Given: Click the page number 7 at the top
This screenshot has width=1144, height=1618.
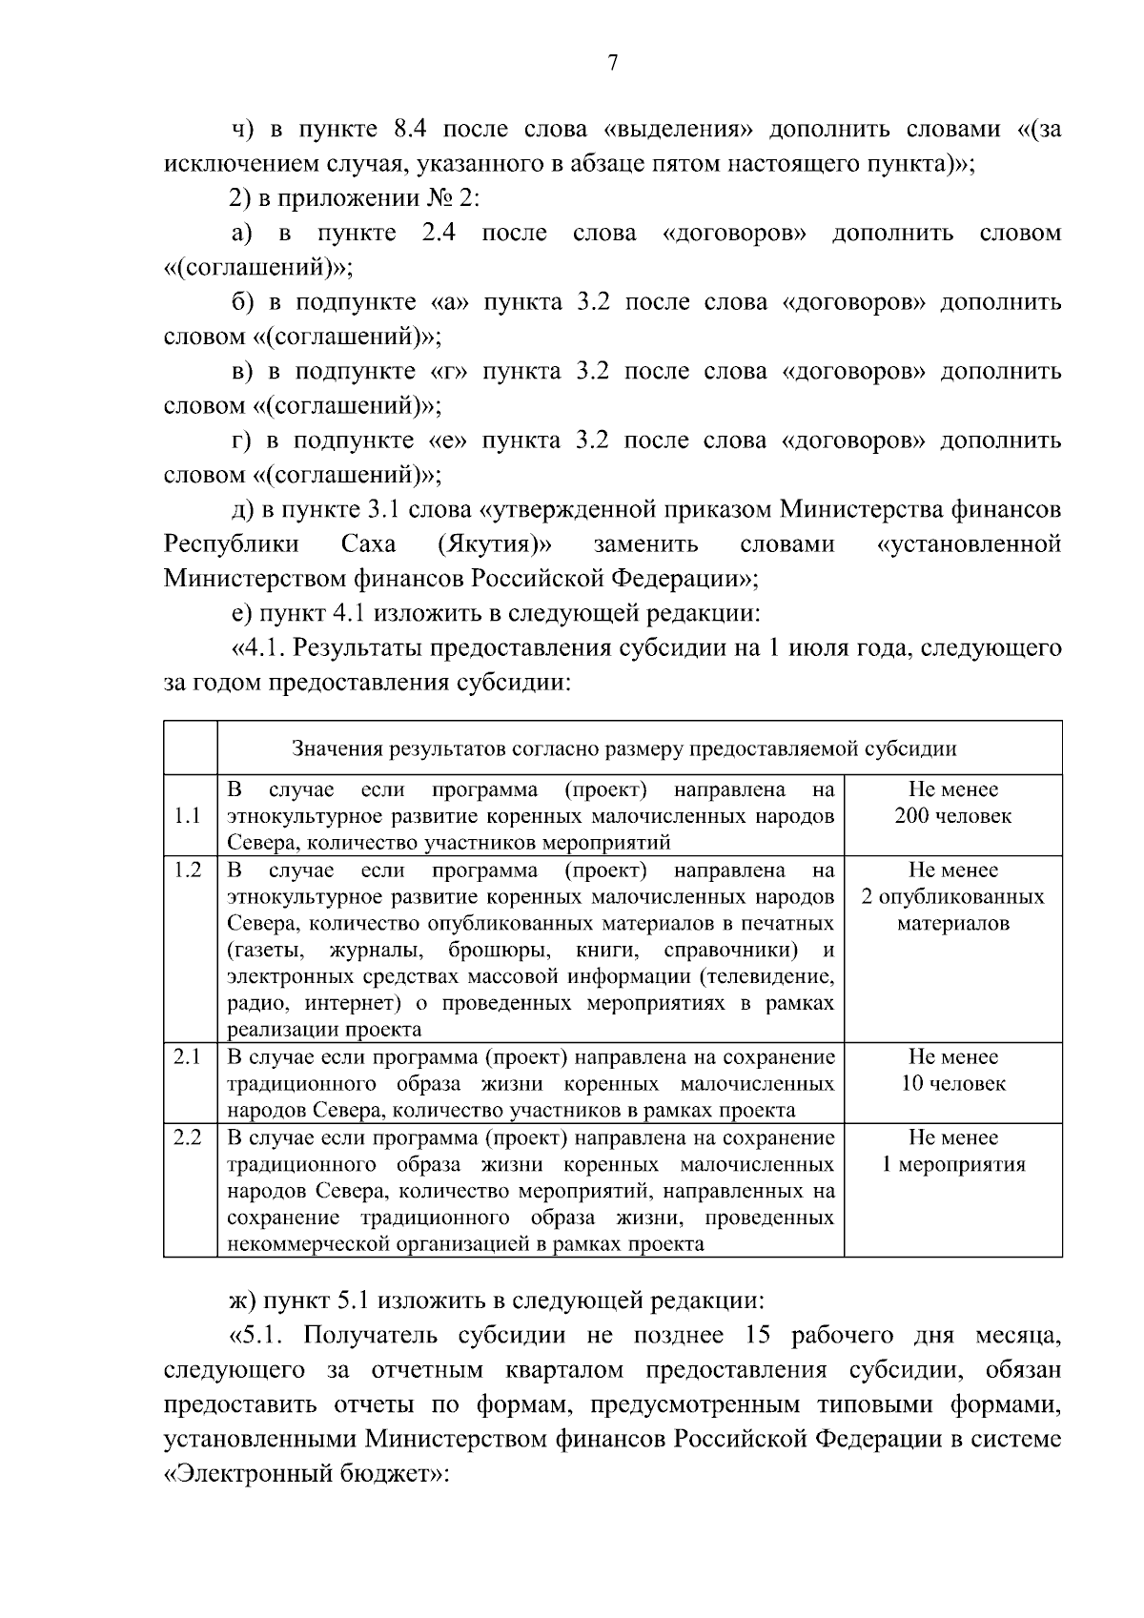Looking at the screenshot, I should pos(613,63).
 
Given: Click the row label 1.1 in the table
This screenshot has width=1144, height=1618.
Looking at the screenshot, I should pos(188,816).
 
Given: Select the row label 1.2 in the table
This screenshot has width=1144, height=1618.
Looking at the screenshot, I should pos(188,870).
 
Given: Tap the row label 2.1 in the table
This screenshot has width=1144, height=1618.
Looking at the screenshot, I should pos(188,1057).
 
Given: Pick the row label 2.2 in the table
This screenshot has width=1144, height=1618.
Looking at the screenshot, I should pos(188,1137).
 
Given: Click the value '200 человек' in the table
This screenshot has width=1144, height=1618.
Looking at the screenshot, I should pos(952,816).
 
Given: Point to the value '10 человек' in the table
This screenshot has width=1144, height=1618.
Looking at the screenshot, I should pos(952,1084).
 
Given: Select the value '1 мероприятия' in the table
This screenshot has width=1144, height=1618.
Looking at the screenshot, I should pos(952,1164).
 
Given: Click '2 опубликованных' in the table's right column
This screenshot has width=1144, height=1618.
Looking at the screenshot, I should pos(952,897).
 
